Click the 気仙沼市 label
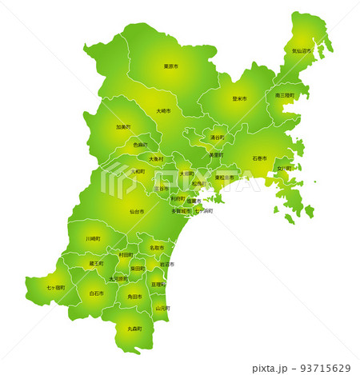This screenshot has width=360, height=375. click(302, 50)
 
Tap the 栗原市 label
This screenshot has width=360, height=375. click(170, 66)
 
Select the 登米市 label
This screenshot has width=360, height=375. click(239, 98)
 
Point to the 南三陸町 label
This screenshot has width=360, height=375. click(285, 95)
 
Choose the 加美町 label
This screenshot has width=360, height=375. click(123, 126)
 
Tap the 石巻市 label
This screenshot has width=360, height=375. click(260, 158)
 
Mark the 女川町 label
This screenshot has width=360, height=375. click(284, 169)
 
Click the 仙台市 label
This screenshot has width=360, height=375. click(137, 212)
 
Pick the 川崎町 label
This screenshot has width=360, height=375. click(94, 238)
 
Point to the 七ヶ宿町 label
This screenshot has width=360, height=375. click(55, 287)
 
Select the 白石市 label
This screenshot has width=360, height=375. click(97, 293)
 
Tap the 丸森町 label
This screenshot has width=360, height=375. click(134, 329)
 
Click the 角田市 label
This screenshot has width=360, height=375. click(134, 297)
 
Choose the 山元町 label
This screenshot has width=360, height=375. click(162, 307)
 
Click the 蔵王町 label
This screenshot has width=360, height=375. click(96, 263)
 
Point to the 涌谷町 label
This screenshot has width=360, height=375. click(217, 138)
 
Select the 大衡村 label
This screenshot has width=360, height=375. click(156, 158)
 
